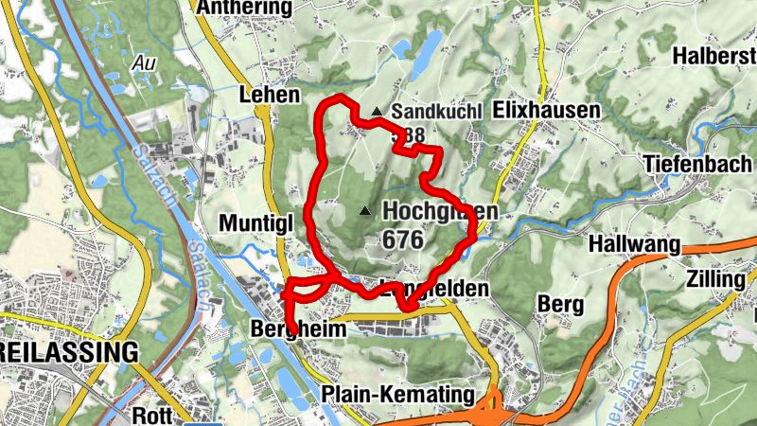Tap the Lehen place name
pos(270,95)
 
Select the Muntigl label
pos(258,223)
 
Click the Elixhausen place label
pos(547,111)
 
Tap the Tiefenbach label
pos(696,162)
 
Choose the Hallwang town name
pos(634,245)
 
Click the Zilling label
pos(717,279)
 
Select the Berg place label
pos(557,304)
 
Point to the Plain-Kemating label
pos(396,393)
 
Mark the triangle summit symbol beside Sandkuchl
pos(377,112)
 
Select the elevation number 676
pos(403,240)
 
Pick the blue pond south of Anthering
pos(428,45)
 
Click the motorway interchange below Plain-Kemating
pos(491,406)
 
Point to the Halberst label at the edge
pos(714,56)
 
